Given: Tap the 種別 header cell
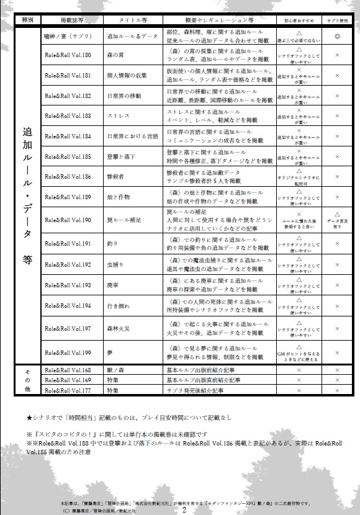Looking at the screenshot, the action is tap(27, 20).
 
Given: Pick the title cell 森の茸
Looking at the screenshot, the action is tap(115, 55).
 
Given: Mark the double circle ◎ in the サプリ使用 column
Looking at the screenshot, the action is tap(337, 37).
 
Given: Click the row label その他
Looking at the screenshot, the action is tap(27, 380).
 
